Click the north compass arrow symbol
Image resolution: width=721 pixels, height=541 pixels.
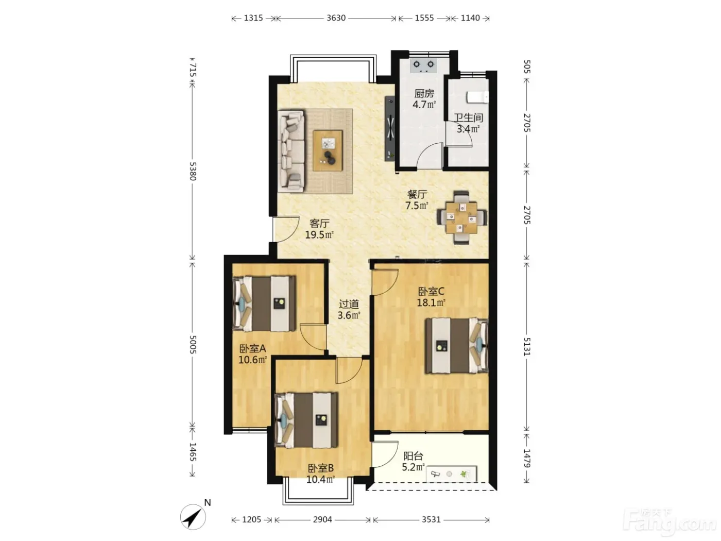point(193,517)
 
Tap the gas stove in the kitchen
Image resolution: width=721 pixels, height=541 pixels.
point(424,66)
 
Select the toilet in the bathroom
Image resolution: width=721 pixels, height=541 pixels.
point(477,97)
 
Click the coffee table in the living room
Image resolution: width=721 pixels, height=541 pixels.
point(328,150)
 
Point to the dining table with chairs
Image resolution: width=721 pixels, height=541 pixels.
point(461,217)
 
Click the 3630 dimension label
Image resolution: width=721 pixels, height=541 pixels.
point(336,18)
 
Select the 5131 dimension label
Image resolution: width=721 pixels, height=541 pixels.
point(526,347)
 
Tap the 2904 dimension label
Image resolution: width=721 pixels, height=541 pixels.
point(322,519)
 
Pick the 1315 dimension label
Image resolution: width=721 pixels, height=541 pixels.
point(253,18)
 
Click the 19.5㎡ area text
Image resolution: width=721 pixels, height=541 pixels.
point(319,235)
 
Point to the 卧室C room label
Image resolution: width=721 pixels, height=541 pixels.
point(431,291)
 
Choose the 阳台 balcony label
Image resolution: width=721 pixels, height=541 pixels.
point(413,456)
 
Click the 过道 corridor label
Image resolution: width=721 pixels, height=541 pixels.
point(349,304)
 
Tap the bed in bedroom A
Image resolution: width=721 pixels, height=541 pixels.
point(264,303)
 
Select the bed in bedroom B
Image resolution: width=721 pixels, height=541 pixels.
point(306,420)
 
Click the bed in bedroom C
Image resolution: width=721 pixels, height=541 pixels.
point(457,345)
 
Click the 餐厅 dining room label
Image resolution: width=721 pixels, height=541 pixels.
point(417,194)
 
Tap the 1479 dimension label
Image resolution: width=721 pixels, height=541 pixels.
point(526,458)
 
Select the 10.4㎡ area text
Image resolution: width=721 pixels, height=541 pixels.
point(320,480)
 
